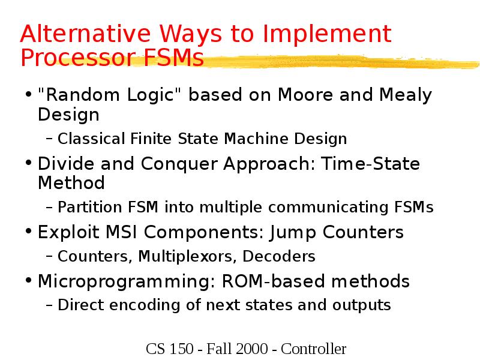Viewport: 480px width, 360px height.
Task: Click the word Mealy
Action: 406,95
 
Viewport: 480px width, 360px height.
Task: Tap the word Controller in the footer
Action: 314,349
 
